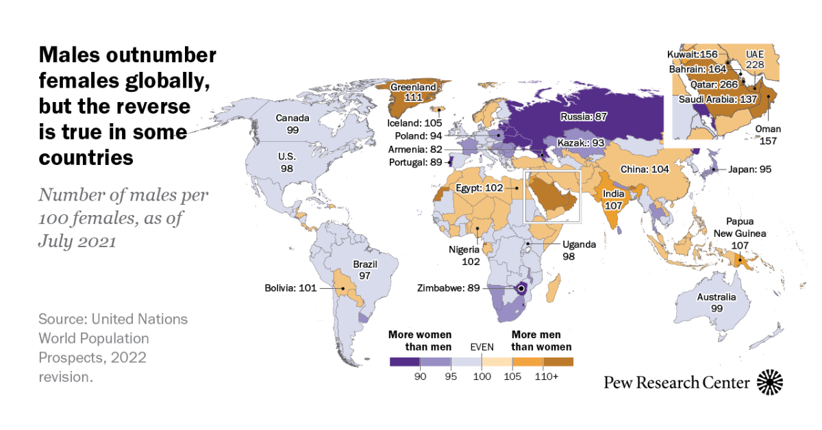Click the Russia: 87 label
pos(584,116)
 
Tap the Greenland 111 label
pos(414,93)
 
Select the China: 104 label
pos(644,169)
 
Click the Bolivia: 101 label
pos(291,288)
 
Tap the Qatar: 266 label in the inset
pos(713,84)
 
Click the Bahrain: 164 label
pos(699,68)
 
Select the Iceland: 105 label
pos(414,123)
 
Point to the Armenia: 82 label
pos(414,149)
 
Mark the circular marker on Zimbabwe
pos(521,289)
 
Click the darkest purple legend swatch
pos(405,362)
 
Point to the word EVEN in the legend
pos(481,348)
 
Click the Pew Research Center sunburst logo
pos(769,382)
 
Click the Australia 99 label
pos(717,303)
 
